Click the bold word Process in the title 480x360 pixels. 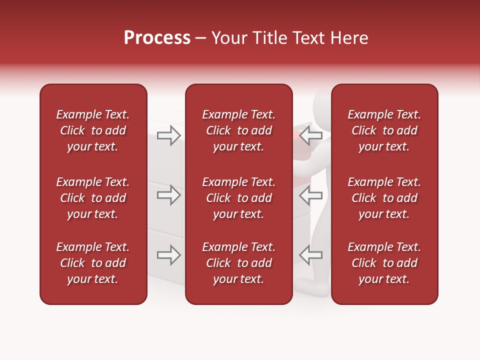click(157, 38)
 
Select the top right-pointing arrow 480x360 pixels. click(169, 135)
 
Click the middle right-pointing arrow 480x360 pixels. click(169, 194)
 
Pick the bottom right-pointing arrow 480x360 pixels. click(169, 254)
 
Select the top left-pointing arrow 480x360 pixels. click(310, 135)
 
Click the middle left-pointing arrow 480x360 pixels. click(310, 195)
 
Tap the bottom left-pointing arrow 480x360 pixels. click(310, 254)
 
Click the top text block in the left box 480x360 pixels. click(93, 130)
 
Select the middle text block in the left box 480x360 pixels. click(93, 198)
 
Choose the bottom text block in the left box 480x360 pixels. click(93, 263)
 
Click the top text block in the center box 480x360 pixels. click(238, 130)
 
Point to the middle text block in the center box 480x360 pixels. click(238, 198)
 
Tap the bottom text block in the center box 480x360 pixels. click(238, 263)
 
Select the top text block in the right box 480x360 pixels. click(384, 130)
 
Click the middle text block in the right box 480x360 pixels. click(384, 198)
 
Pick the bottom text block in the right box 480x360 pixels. click(384, 263)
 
